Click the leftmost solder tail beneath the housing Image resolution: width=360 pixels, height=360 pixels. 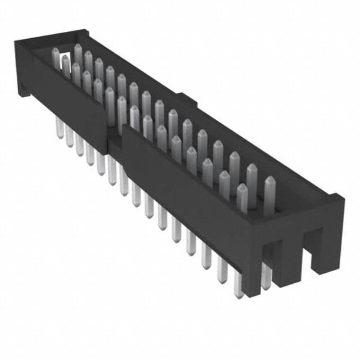(x=59, y=128)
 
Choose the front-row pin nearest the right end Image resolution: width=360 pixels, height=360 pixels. (x=242, y=198)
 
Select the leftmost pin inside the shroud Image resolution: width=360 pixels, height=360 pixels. (x=56, y=58)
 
